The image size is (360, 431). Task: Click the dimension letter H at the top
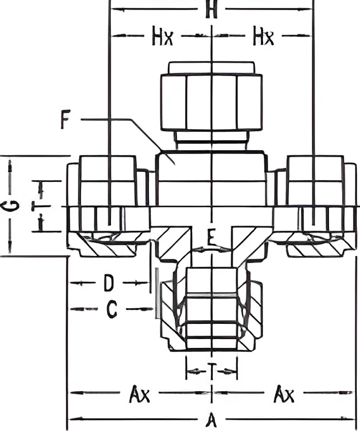tap(211, 10)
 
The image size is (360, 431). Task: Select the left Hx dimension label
tap(163, 35)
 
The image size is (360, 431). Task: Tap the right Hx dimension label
tap(263, 35)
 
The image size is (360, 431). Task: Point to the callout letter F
tap(65, 119)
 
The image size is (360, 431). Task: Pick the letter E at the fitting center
tap(211, 238)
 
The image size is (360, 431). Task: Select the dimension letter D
tap(109, 283)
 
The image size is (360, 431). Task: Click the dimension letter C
tap(112, 309)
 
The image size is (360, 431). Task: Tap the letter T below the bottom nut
tap(212, 371)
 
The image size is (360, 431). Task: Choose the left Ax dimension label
tap(139, 394)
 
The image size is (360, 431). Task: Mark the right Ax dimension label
tap(284, 394)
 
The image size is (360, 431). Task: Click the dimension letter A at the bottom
tap(211, 420)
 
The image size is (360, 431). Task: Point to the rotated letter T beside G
tap(37, 206)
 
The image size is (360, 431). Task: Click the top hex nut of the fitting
tap(211, 101)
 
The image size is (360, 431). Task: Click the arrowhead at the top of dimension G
tap(10, 165)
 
